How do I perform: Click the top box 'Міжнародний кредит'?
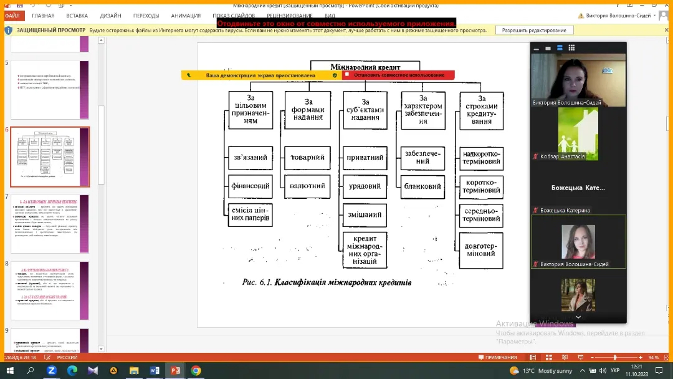coord(365,67)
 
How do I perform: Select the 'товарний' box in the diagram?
coord(307,158)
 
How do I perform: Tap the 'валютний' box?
coord(307,186)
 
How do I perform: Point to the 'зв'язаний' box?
coord(251,158)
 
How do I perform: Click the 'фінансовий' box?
coord(251,186)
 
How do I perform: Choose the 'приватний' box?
coord(365,158)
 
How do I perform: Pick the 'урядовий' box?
coord(365,186)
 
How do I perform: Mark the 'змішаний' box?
coord(365,215)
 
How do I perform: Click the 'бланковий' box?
coord(423,186)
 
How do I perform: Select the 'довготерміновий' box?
coord(481,249)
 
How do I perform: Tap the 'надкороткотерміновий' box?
coord(481,158)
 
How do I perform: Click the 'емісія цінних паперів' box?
coord(251,214)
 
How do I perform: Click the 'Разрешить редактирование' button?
coord(534,30)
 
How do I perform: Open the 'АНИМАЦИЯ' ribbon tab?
coord(186,16)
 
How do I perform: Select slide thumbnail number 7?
coord(50,224)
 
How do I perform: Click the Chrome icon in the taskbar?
coord(196,371)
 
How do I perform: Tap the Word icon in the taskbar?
coord(155,371)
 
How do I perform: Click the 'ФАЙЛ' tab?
coord(12,16)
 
